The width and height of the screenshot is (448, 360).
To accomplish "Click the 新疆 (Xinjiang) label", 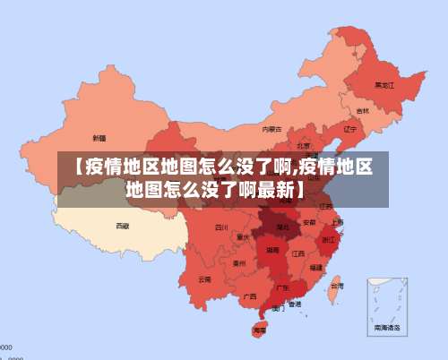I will (x=99, y=138).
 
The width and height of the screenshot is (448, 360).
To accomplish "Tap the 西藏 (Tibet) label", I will (x=123, y=226).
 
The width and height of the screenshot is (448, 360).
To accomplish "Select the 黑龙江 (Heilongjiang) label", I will (x=383, y=85).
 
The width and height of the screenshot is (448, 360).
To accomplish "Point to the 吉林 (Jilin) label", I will (x=362, y=111).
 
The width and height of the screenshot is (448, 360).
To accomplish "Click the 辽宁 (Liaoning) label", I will (x=349, y=128).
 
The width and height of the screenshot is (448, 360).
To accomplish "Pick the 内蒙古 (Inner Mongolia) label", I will (x=271, y=129).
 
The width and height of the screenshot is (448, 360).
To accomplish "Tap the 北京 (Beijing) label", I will (x=304, y=145).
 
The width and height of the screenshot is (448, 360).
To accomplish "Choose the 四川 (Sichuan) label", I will (x=221, y=227).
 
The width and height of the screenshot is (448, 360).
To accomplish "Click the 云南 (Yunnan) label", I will (x=205, y=279).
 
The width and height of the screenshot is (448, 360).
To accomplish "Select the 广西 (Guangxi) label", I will (x=250, y=296).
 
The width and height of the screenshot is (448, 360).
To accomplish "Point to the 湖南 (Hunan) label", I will (x=271, y=253).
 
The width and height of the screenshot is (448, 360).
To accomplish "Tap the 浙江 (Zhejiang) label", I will (x=328, y=239).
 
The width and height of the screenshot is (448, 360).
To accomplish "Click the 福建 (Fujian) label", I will (x=315, y=267).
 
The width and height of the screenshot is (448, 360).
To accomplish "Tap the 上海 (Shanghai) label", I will (x=337, y=221).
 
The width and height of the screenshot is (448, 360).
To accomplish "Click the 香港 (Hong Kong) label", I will (x=295, y=304).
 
